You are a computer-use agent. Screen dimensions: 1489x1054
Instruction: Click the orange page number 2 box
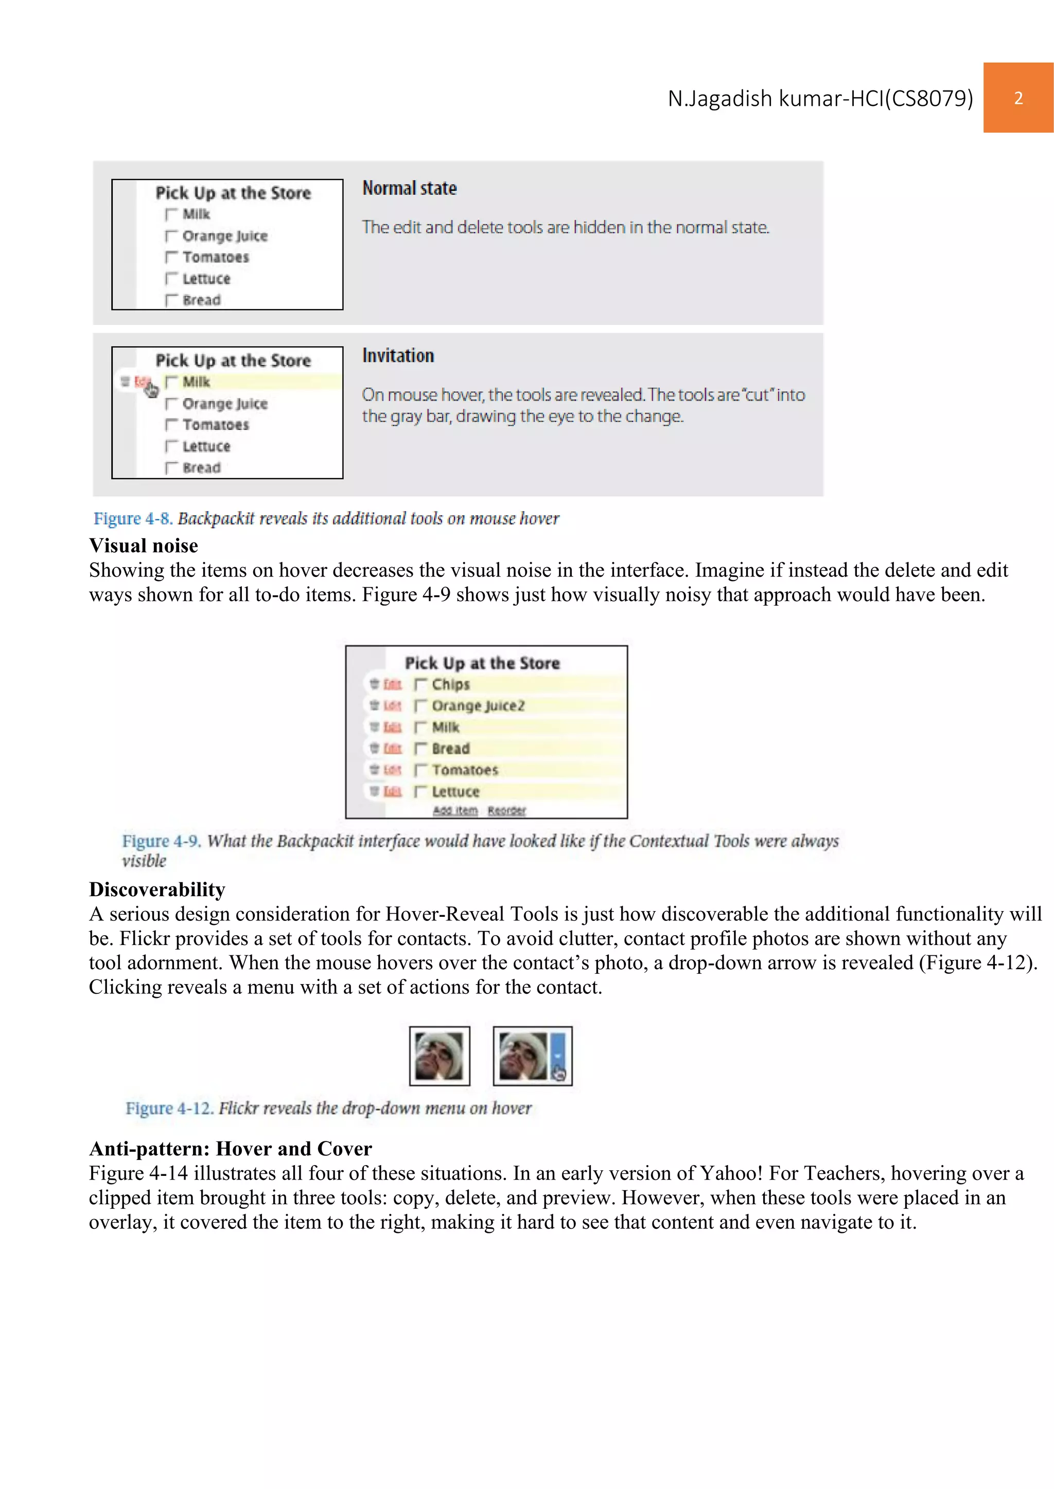coord(1017,98)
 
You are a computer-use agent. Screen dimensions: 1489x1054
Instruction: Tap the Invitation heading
coord(398,356)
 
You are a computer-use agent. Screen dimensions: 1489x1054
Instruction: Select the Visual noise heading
coord(144,546)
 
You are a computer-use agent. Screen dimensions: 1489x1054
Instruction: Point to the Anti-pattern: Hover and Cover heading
coord(231,1149)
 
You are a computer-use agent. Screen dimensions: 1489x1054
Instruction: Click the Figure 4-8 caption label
coord(132,519)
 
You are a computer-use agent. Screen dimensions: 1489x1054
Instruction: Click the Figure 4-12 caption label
coord(169,1109)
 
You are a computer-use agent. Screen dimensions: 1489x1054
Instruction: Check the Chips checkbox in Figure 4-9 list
coord(420,684)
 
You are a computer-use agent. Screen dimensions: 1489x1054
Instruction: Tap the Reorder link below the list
coord(506,811)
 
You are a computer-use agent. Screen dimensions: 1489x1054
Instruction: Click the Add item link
coord(455,811)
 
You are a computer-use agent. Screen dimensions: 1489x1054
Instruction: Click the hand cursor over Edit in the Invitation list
coord(151,390)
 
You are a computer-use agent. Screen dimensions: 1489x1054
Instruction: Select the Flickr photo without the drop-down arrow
coord(440,1056)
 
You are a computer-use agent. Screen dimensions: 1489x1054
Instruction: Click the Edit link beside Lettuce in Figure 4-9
coord(392,791)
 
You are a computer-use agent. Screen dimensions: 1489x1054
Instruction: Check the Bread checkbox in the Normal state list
coord(171,300)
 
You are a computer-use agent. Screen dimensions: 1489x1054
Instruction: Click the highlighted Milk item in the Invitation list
coord(196,382)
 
